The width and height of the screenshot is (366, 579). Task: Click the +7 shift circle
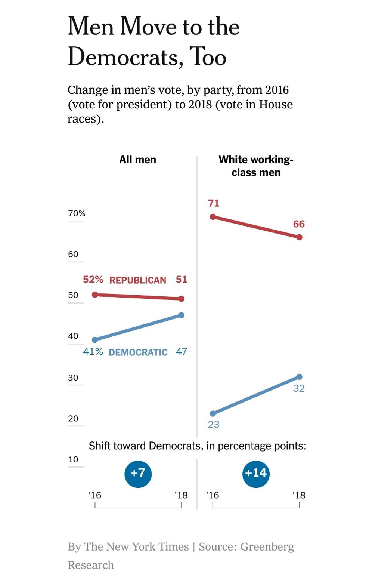[x=138, y=474]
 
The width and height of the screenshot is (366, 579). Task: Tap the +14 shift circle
[x=256, y=474]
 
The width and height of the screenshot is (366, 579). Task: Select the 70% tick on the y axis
[x=77, y=213]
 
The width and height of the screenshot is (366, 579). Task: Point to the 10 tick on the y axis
[x=73, y=459]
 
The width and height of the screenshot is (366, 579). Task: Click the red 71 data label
[x=214, y=203]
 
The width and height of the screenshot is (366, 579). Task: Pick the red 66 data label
[x=299, y=224]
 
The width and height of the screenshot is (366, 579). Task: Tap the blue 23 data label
[x=214, y=424]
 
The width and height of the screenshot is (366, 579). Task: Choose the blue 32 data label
[x=299, y=388]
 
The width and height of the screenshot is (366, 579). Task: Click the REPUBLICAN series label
[x=137, y=280]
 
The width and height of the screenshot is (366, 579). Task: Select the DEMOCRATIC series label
[x=138, y=352]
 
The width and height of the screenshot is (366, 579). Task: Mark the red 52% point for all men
[x=95, y=295]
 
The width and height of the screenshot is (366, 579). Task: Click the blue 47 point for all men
[x=182, y=315]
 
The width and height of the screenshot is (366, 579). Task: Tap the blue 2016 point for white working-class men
[x=213, y=413]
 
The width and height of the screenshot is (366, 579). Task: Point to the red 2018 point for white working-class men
[x=299, y=237]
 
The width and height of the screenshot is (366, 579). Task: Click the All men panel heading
[x=137, y=160]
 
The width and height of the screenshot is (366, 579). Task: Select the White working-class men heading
[x=256, y=166]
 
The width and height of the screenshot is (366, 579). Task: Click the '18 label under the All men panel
[x=181, y=495]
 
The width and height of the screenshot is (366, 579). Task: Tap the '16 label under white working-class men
[x=213, y=495]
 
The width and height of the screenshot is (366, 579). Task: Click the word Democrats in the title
[x=125, y=57]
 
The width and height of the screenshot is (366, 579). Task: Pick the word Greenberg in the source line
[x=267, y=547]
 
